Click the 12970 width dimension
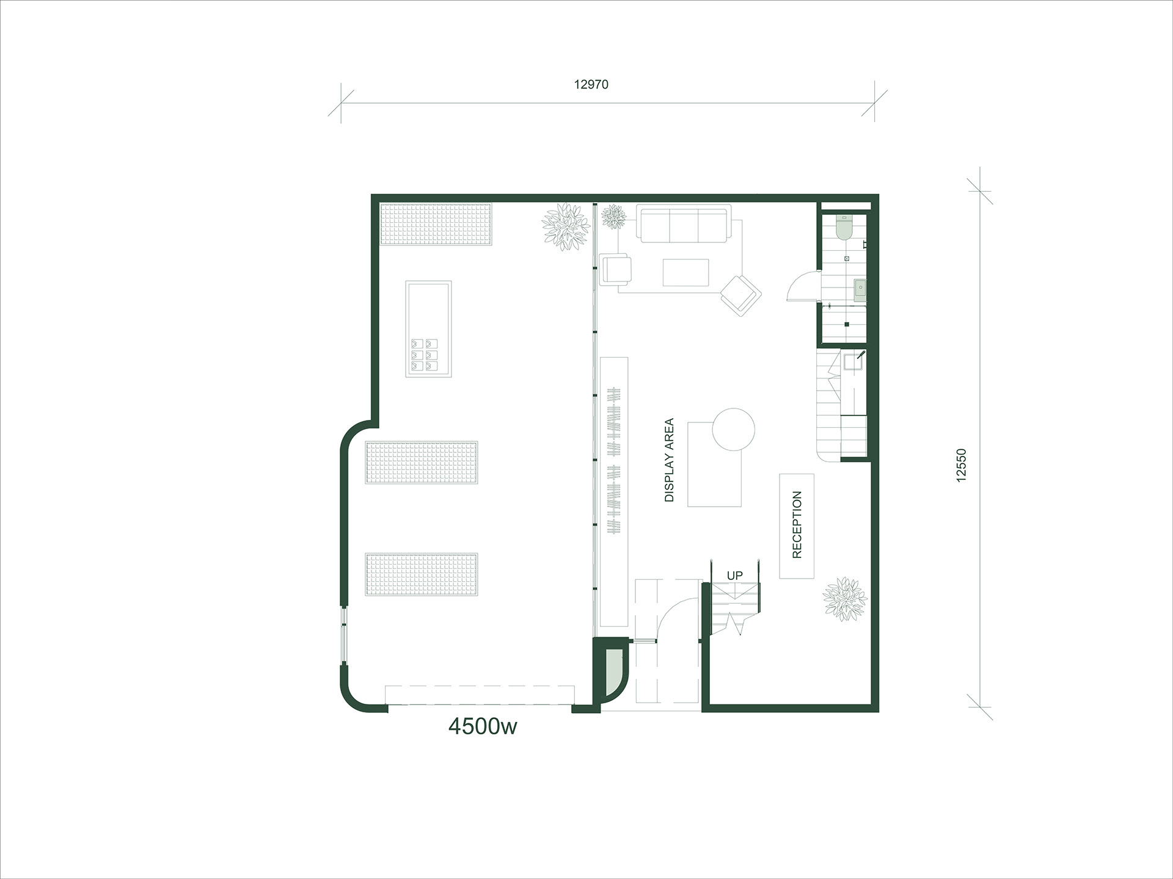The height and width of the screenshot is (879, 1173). coord(591,85)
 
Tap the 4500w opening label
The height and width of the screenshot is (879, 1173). coord(483,727)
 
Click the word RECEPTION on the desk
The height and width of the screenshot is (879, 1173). coord(797,525)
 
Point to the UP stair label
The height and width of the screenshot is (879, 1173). coord(734,576)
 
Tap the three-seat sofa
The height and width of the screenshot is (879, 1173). coord(684,224)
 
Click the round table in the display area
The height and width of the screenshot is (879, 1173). coord(734,430)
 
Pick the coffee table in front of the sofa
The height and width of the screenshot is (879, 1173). coord(686,272)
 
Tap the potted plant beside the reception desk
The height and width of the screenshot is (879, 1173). coord(845,599)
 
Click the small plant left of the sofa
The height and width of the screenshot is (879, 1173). coord(613,216)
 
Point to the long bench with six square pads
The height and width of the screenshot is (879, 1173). coord(429,329)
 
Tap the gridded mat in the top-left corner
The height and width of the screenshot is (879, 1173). coord(436,225)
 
